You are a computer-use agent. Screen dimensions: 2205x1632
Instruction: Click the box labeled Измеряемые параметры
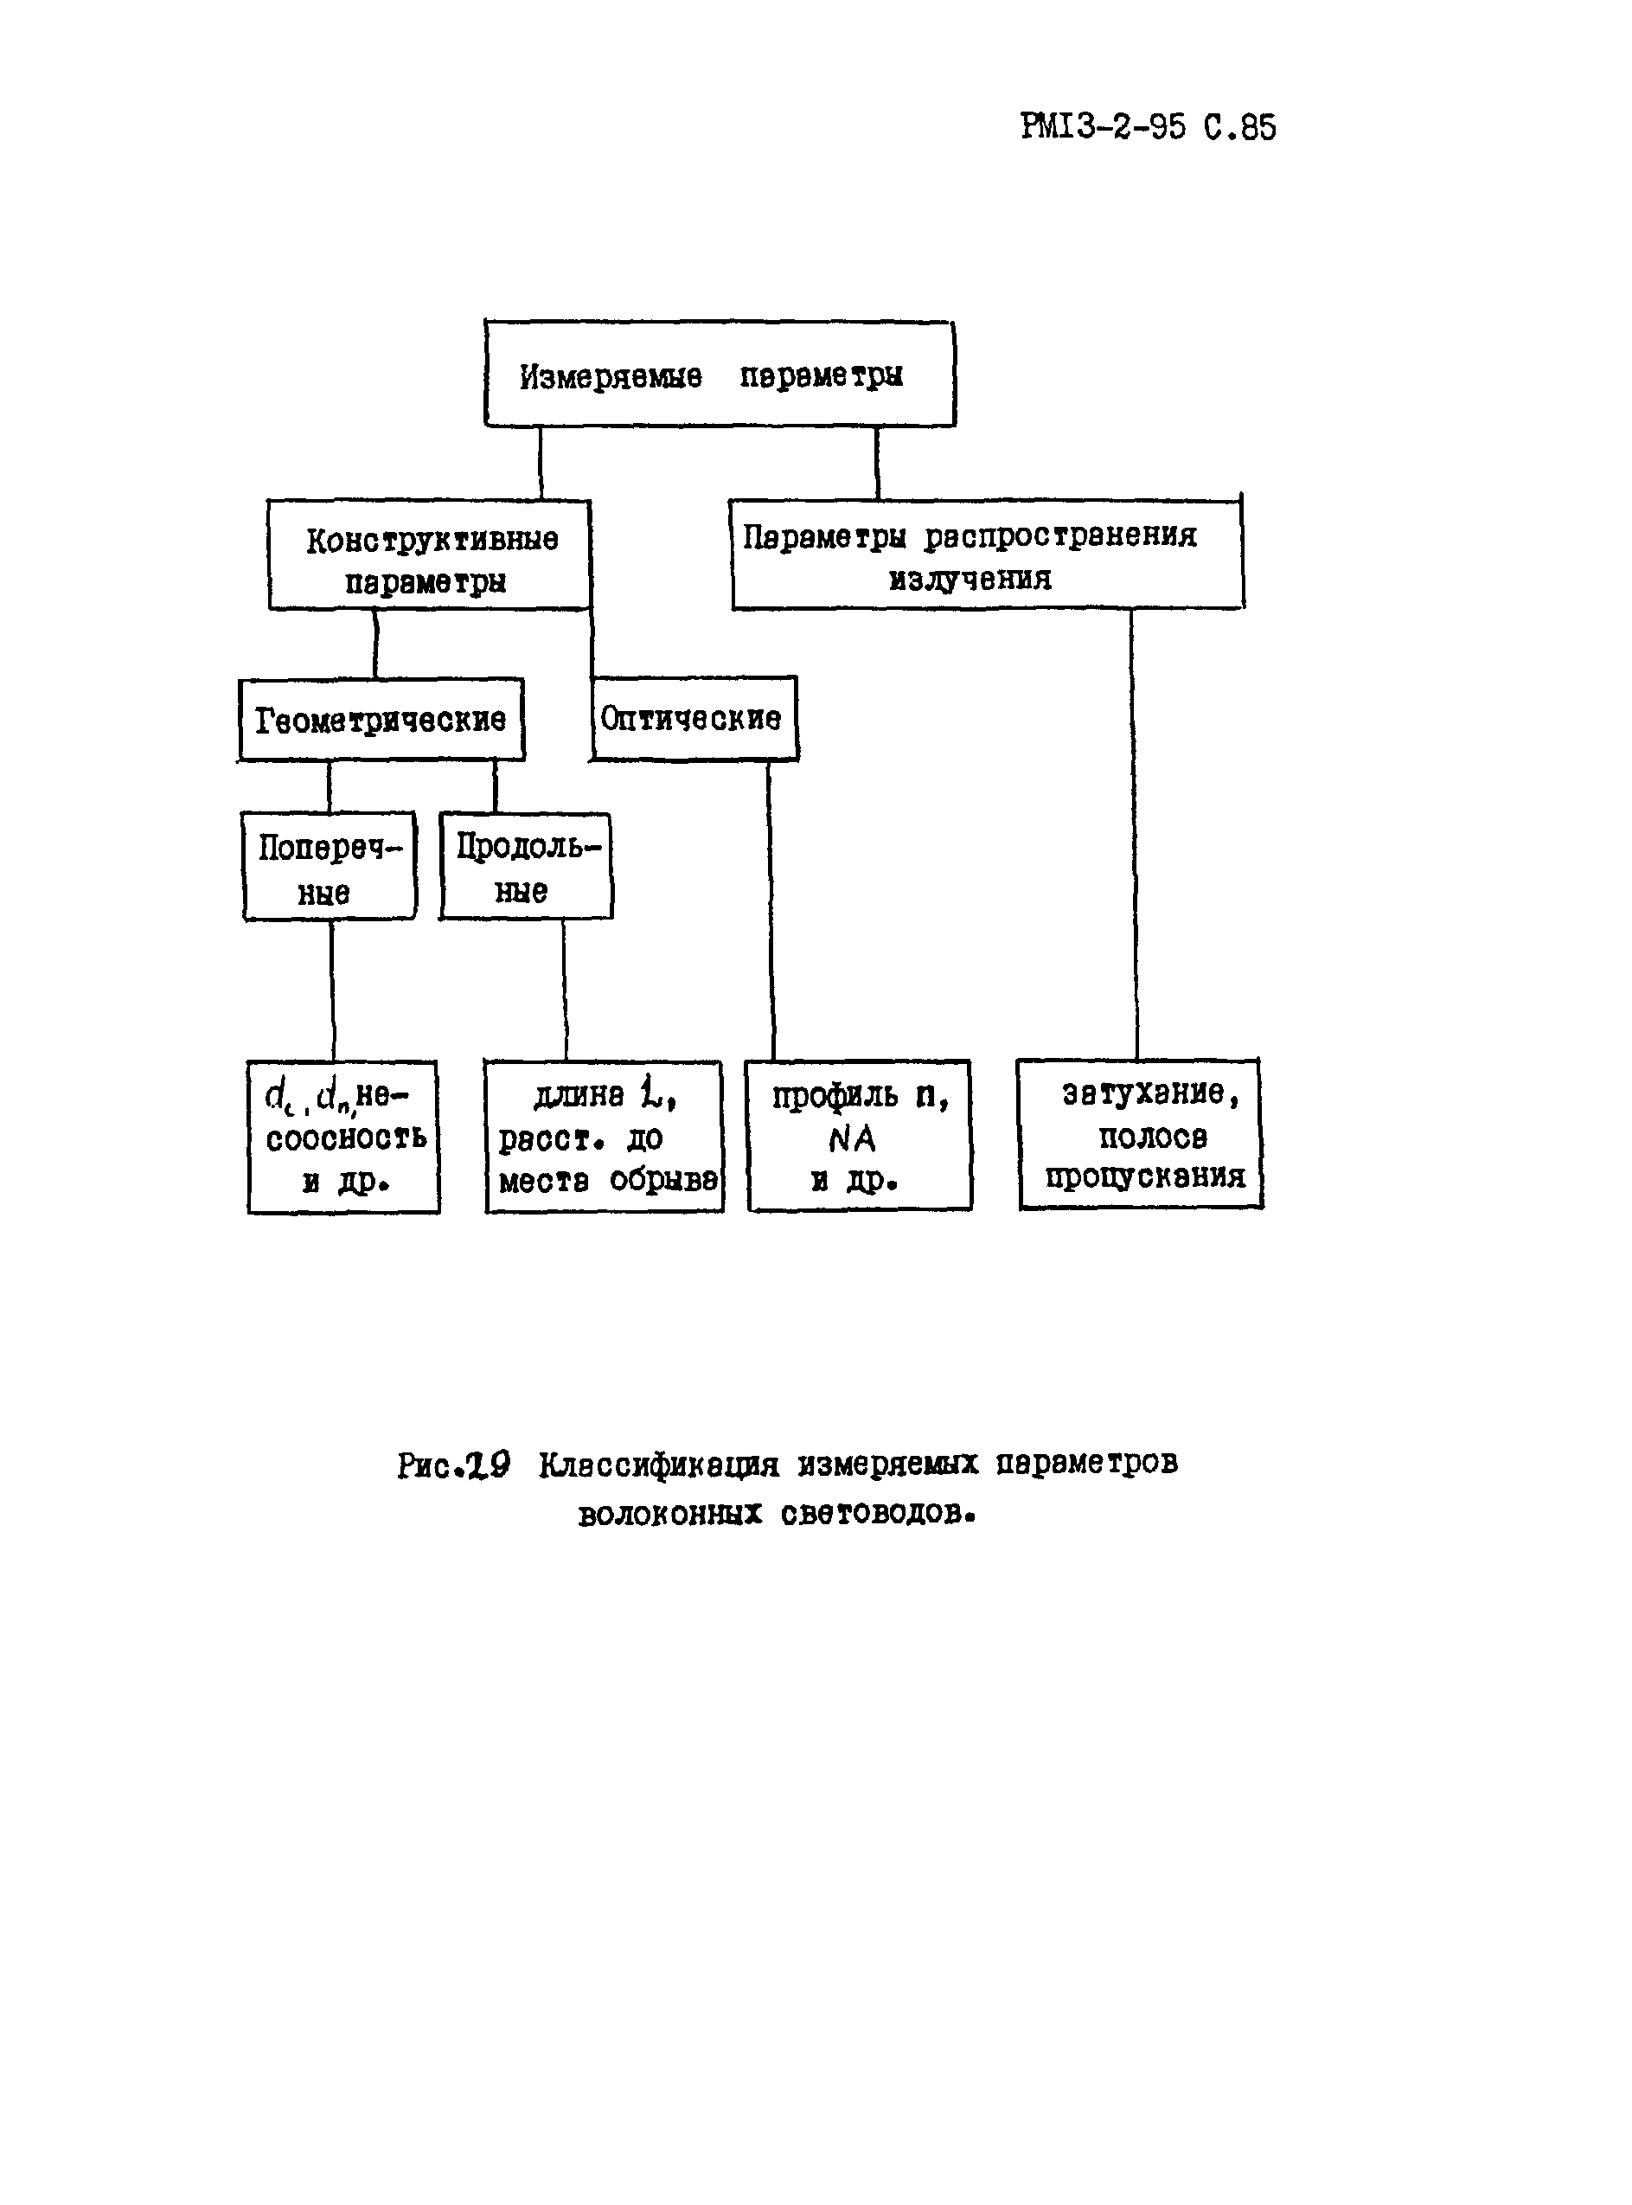720,375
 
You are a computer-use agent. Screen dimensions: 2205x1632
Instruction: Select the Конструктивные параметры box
430,556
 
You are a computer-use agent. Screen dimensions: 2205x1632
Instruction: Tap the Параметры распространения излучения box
986,556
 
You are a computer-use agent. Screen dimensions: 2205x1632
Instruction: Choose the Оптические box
693,719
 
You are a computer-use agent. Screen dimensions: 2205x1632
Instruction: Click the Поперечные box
329,868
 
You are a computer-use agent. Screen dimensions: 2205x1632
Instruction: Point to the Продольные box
526,868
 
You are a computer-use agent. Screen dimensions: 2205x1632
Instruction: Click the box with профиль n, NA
859,1136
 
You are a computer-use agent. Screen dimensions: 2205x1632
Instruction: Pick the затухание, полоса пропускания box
1141,1134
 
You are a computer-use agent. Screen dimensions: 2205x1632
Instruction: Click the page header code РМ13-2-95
1103,127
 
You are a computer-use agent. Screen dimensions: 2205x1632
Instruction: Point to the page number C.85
1240,127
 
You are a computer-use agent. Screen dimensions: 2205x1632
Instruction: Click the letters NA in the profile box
852,1139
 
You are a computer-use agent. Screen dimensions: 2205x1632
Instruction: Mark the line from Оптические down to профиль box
771,909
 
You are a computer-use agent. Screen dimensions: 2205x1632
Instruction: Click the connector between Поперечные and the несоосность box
333,990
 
